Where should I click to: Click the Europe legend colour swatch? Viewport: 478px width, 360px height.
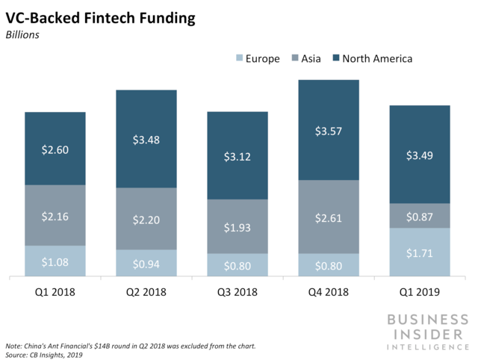pyautogui.click(x=240, y=58)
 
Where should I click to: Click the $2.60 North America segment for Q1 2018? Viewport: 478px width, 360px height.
pyautogui.click(x=55, y=149)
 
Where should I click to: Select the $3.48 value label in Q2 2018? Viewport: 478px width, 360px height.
pyautogui.click(x=146, y=140)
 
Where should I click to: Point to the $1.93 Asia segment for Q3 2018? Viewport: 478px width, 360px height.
pyautogui.click(x=238, y=226)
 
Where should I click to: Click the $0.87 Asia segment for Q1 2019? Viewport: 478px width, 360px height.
pyautogui.click(x=420, y=216)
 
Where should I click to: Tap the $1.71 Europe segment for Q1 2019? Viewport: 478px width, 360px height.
pyautogui.click(x=420, y=252)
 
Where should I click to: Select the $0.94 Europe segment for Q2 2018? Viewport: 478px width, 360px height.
pyautogui.click(x=146, y=264)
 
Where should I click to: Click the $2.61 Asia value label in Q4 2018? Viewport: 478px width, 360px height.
pyautogui.click(x=329, y=217)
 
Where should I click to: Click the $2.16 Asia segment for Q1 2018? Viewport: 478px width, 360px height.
pyautogui.click(x=55, y=215)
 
